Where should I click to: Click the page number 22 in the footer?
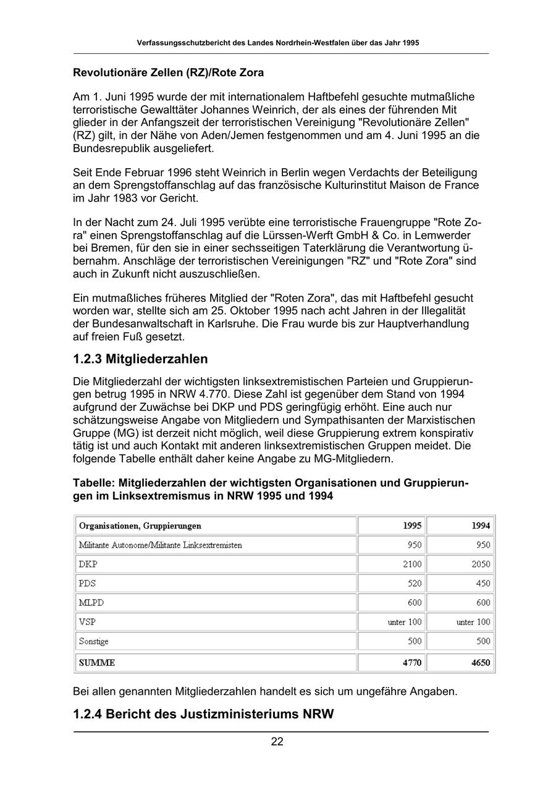277,742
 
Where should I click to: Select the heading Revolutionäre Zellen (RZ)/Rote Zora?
168,73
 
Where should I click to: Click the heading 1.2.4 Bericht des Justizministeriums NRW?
203,714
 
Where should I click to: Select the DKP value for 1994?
480,564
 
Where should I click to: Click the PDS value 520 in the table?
415,583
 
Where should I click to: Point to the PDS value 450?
483,583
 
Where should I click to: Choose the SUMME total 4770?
412,663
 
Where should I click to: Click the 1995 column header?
412,525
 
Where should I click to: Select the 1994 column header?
481,525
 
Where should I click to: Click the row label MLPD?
89,602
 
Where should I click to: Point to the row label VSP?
86,622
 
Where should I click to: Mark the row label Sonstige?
93,641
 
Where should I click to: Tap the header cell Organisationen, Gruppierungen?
140,525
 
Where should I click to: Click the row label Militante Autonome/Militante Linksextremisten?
160,545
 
